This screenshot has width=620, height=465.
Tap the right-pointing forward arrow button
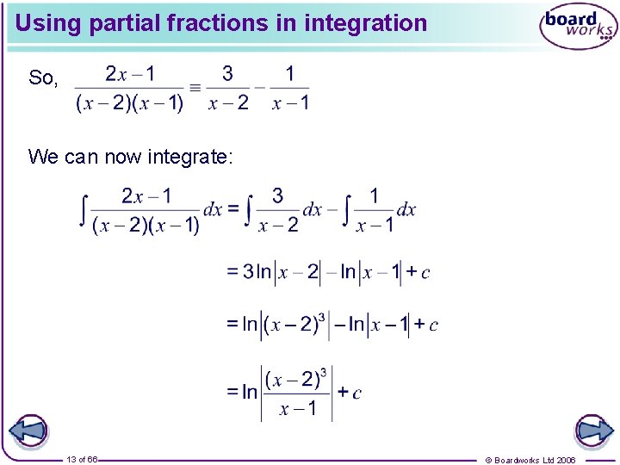tap(593, 431)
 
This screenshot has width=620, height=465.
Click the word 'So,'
tap(43, 78)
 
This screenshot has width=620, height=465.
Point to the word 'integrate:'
tap(190, 157)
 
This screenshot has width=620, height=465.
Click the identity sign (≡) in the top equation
tap(195, 87)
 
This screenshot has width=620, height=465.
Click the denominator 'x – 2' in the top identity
tap(228, 103)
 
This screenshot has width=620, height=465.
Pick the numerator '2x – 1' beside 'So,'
tap(129, 73)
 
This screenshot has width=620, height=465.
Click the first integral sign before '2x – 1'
tap(84, 210)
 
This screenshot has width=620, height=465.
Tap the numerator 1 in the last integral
tap(374, 196)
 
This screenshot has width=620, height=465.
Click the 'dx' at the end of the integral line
tap(406, 210)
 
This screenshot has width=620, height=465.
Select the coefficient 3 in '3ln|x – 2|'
tap(248, 272)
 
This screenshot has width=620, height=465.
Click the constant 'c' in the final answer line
tap(356, 394)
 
